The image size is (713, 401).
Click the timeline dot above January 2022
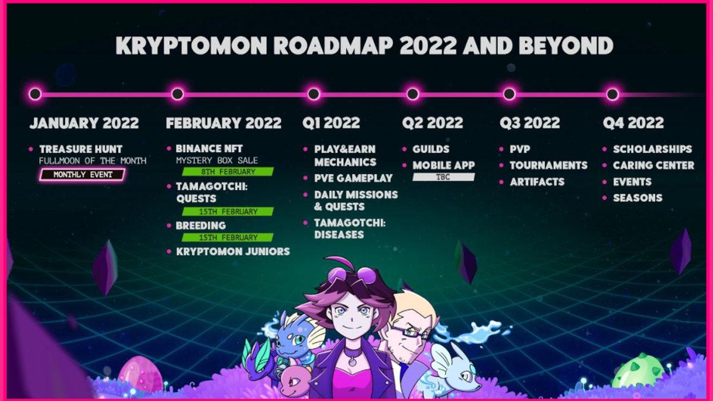coord(35,94)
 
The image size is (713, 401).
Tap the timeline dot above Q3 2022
coord(509,94)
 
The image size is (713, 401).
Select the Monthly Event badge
coord(82,175)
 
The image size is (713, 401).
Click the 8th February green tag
coord(228,172)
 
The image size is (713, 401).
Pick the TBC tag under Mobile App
coord(443,177)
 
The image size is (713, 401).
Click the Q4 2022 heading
coord(633,123)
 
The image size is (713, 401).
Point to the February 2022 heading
coord(223,123)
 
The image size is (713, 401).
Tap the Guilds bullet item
coord(431,149)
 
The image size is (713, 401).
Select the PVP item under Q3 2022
coord(520,149)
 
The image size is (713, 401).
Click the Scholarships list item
coord(652,149)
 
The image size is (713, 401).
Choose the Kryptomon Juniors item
coord(233,251)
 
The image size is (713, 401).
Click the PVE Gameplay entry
coord(354,178)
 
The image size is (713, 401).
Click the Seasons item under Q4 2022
coord(638,198)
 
